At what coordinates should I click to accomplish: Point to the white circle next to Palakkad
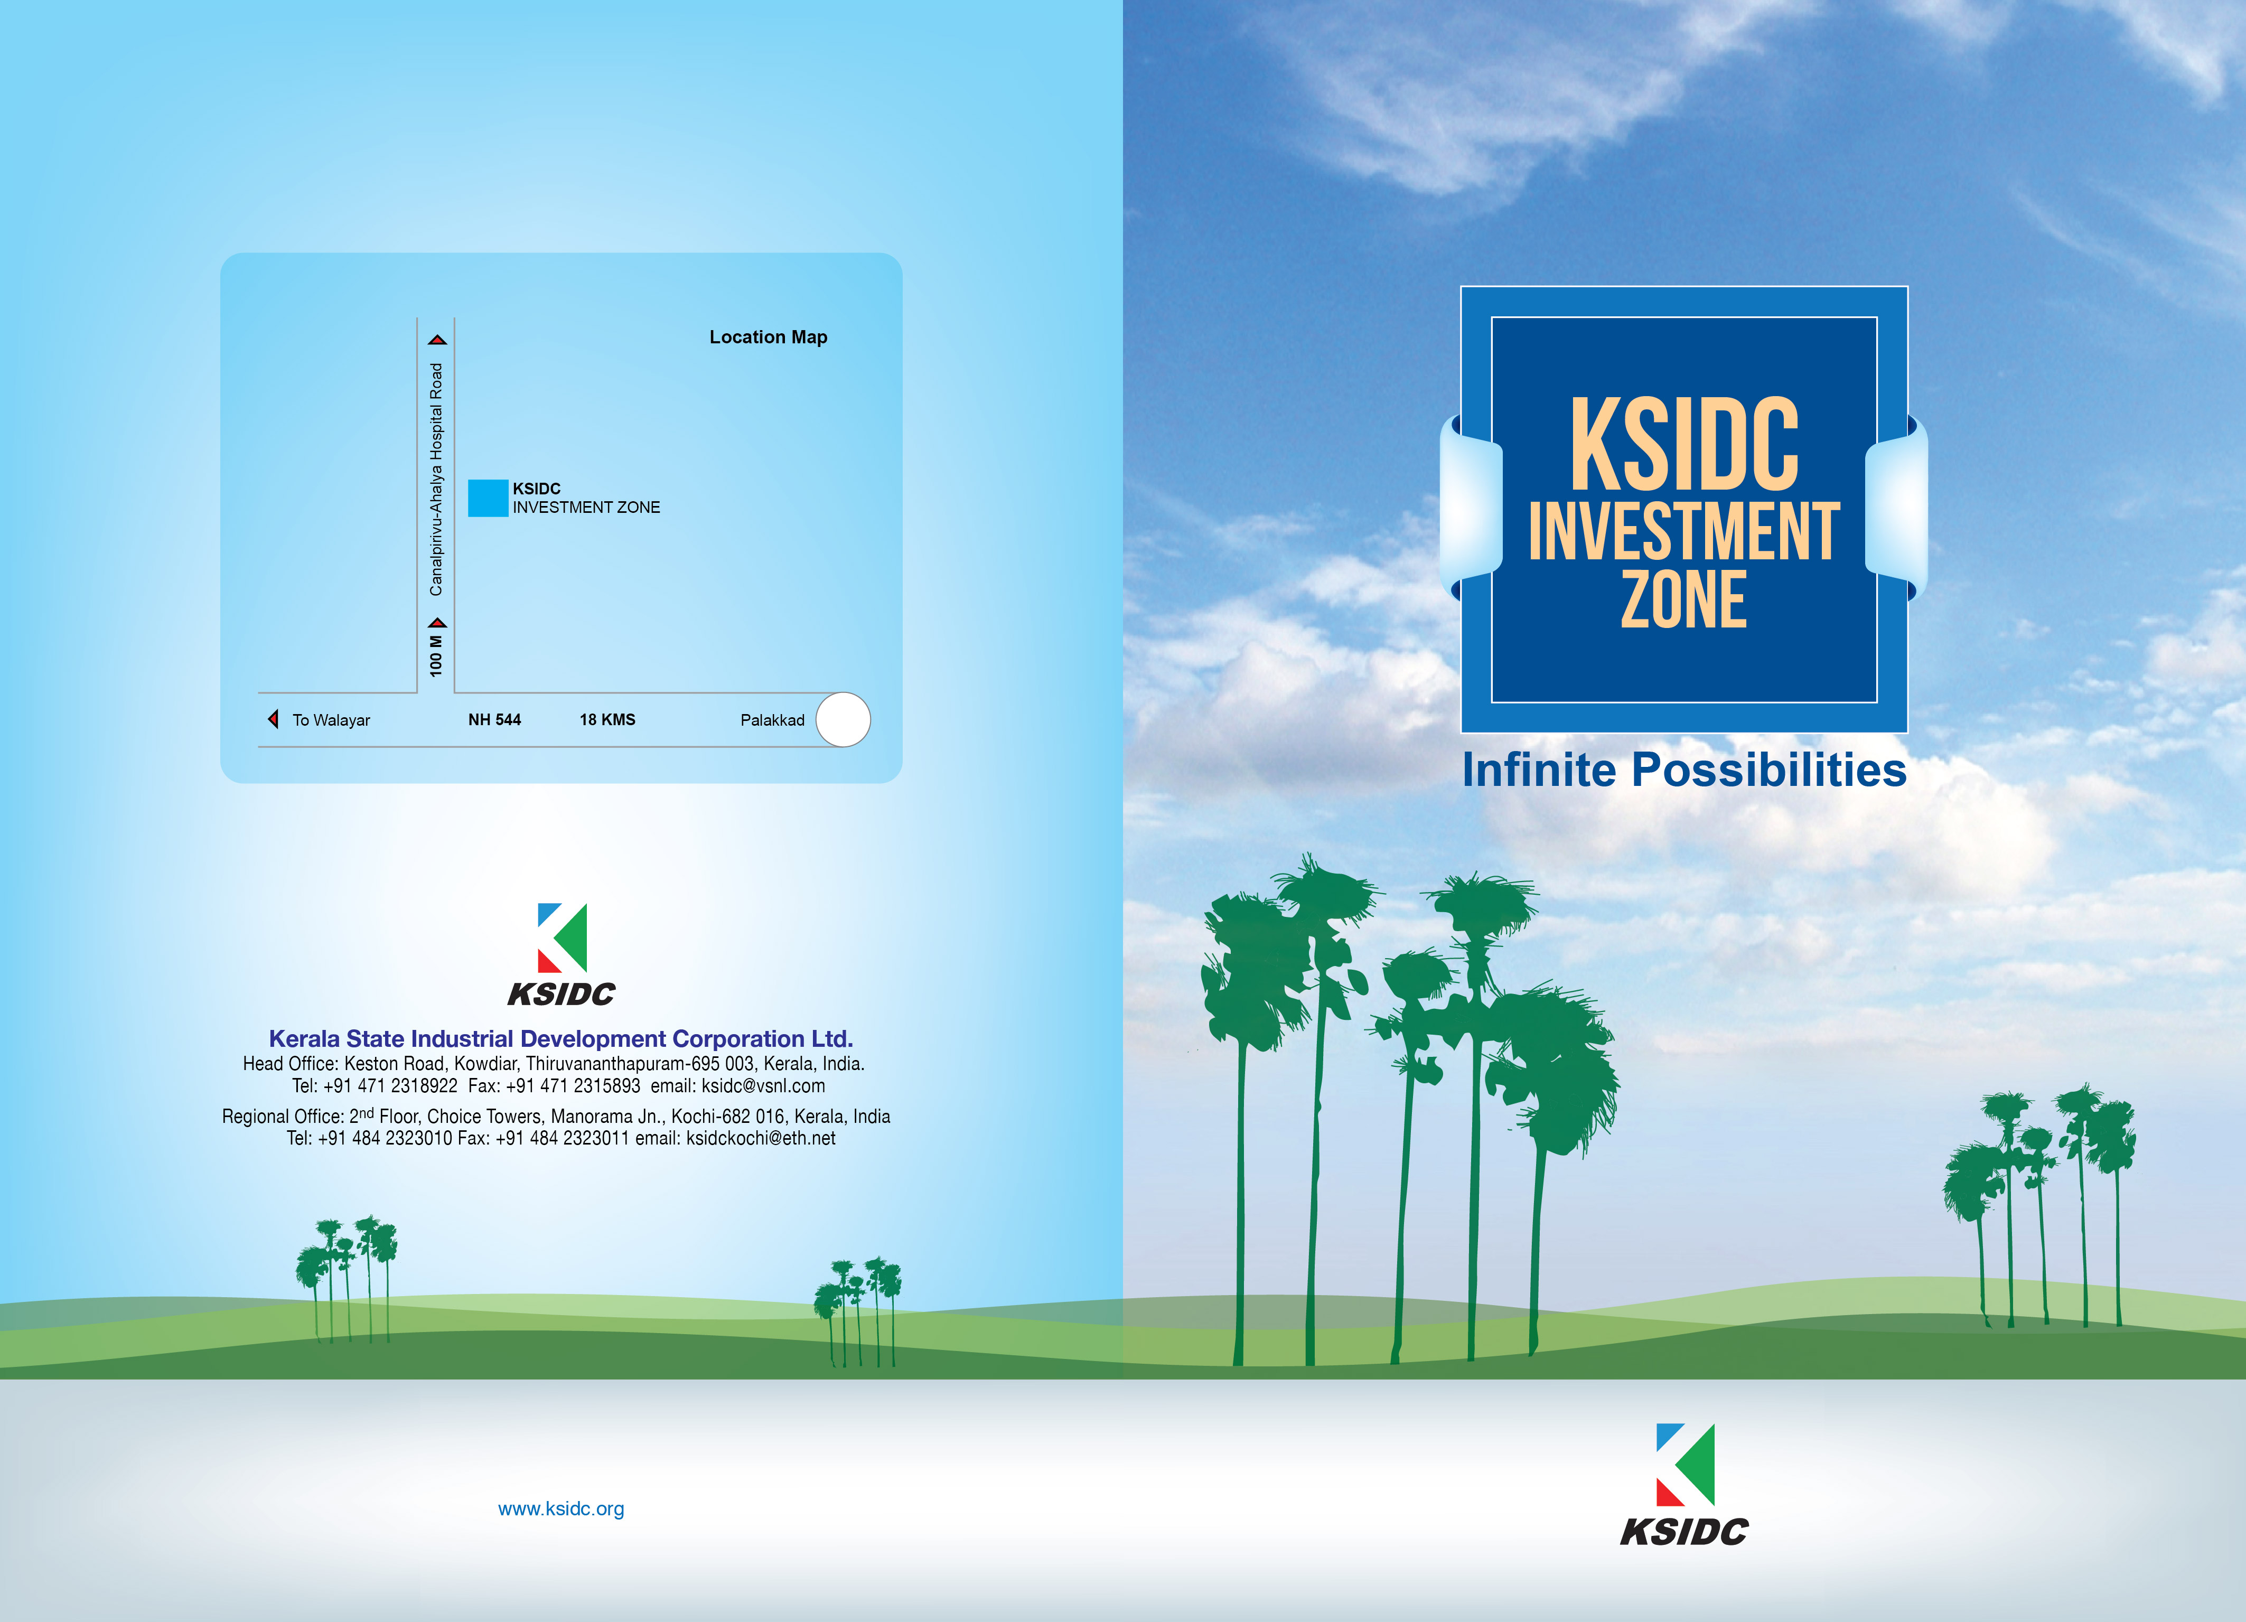843,720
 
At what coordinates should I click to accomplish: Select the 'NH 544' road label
494,720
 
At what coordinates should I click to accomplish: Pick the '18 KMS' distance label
607,720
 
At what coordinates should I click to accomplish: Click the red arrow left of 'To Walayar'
273,719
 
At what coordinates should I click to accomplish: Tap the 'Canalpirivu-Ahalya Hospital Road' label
436,479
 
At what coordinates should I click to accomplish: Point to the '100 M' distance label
436,657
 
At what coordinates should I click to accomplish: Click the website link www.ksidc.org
560,1509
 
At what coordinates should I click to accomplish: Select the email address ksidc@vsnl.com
763,1086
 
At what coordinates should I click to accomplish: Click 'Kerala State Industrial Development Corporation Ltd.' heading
560,1039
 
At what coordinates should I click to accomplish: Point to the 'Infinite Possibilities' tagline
1684,771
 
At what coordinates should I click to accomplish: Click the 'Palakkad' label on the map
772,720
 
